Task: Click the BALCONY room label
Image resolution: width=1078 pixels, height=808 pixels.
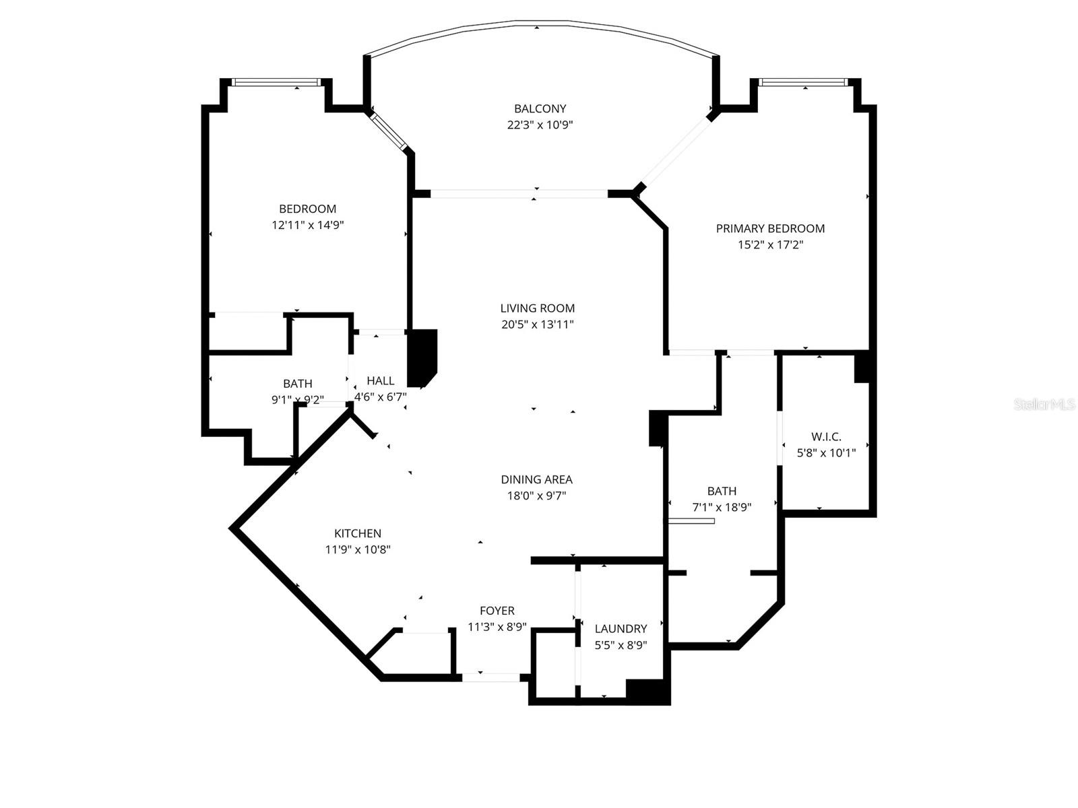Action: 540,108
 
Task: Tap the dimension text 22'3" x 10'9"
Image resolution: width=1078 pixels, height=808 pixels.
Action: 540,125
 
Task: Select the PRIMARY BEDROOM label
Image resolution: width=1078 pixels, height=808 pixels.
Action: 770,228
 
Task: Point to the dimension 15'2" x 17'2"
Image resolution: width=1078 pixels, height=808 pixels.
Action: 770,244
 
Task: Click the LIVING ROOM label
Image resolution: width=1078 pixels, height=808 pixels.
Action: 537,308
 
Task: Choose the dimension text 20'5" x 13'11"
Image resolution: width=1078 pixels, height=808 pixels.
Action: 537,325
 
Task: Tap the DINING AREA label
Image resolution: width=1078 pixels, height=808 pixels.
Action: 536,479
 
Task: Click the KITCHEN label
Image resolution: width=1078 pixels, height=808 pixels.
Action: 358,533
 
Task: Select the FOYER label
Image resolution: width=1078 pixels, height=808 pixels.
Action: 497,611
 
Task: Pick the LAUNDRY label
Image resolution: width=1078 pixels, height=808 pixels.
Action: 621,628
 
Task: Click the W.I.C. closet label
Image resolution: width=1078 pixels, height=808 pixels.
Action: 826,436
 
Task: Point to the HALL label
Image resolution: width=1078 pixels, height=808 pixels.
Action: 380,381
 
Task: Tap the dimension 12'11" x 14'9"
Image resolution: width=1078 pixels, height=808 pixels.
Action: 308,225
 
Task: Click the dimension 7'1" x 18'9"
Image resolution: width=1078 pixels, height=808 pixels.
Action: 722,507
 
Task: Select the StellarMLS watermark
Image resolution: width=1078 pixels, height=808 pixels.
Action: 1044,404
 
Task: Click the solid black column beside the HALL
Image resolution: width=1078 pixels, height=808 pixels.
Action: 422,357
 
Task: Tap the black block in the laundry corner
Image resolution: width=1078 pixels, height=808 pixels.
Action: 647,691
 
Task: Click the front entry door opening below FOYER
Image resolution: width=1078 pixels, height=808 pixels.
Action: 490,677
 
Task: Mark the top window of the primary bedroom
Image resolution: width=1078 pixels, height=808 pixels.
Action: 802,82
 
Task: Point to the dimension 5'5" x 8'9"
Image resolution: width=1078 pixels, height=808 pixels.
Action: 621,644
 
